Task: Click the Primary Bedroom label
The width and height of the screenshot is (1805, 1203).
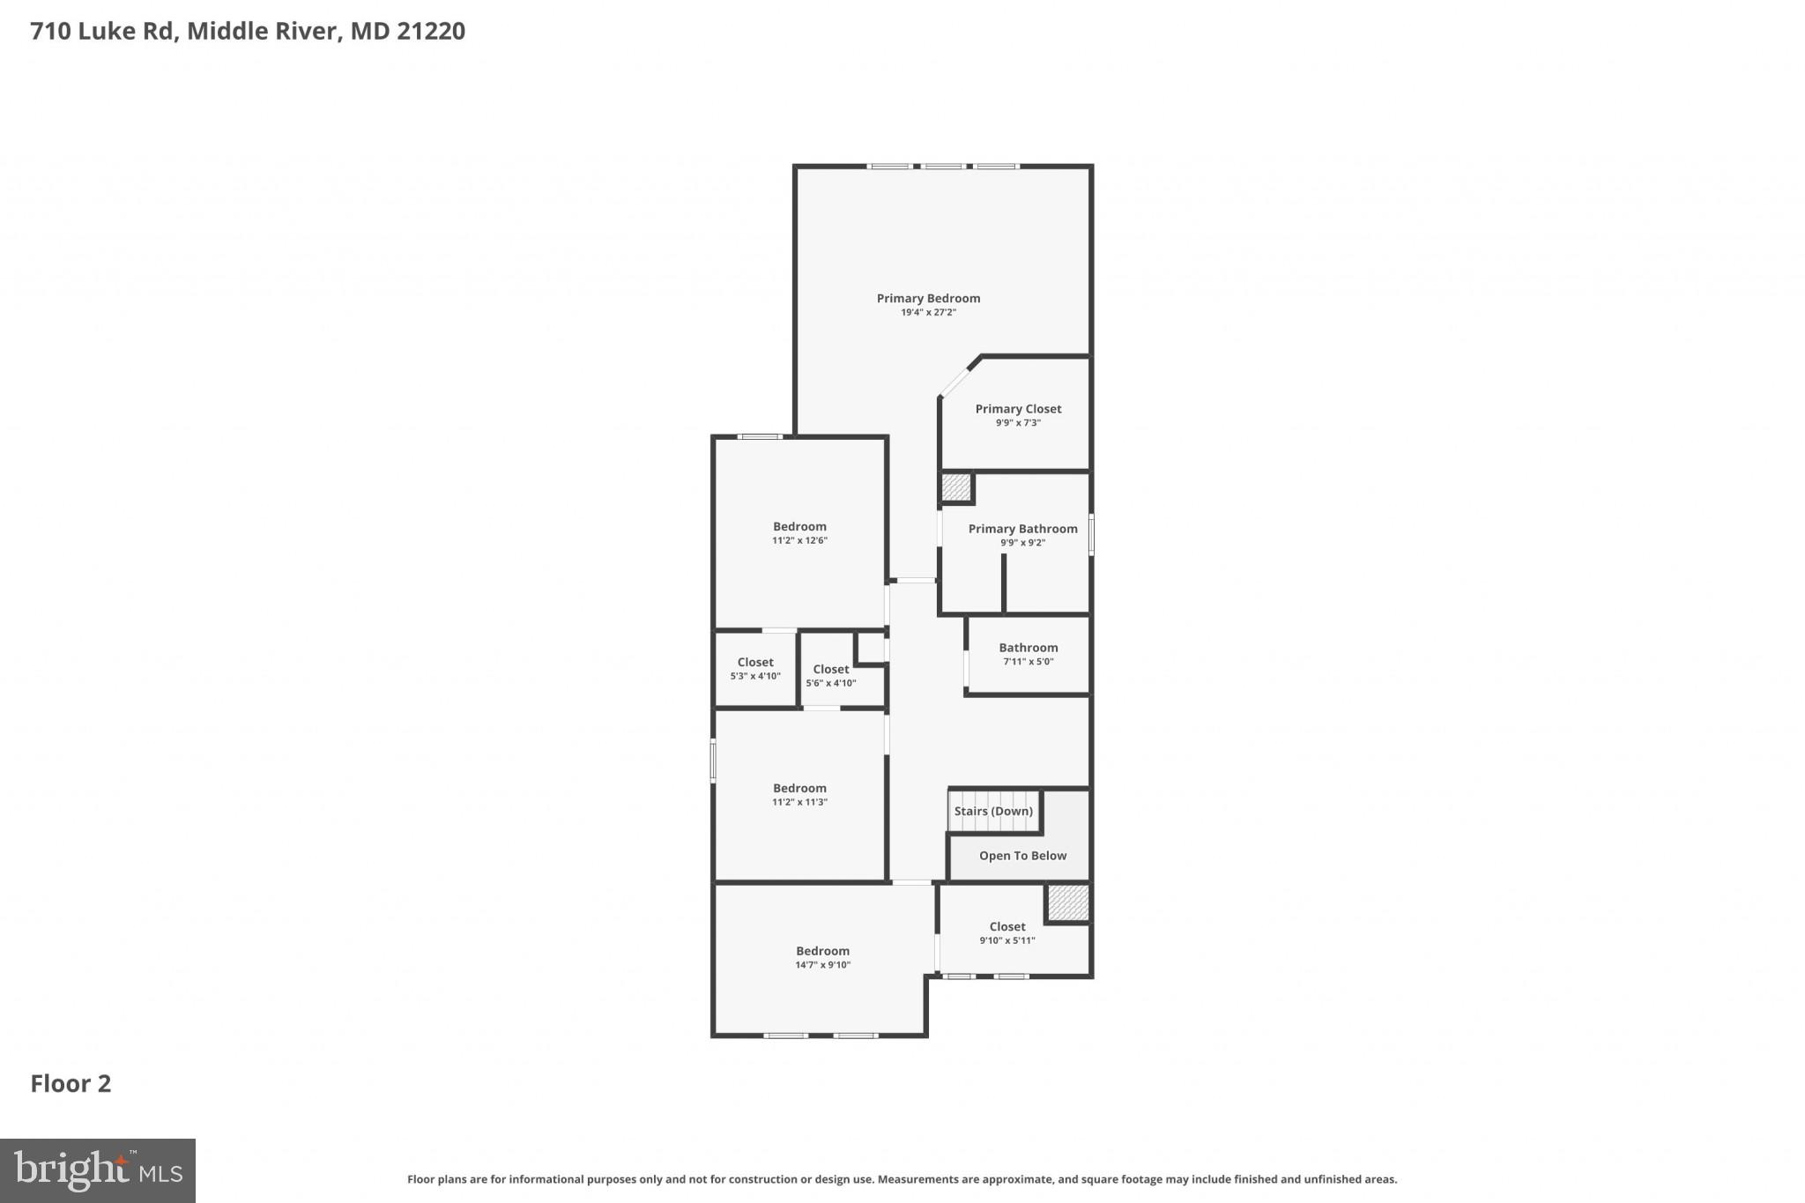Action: (x=928, y=299)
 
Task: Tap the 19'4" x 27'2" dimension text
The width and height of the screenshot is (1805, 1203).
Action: (x=928, y=313)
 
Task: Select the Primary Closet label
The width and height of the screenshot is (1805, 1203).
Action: (x=1018, y=409)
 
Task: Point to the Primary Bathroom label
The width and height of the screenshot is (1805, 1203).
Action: (x=1022, y=529)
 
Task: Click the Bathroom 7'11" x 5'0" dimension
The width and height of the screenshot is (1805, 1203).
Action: (x=1028, y=662)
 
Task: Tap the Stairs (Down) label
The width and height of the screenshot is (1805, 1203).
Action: (x=993, y=812)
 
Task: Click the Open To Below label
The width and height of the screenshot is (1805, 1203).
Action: (x=1022, y=856)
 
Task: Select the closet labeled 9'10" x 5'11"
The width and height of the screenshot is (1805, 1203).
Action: (x=1006, y=933)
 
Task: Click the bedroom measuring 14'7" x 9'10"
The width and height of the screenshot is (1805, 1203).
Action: (x=822, y=957)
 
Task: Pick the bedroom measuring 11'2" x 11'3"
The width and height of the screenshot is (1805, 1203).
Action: (x=799, y=795)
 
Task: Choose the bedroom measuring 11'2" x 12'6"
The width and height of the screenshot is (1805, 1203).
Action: (x=799, y=533)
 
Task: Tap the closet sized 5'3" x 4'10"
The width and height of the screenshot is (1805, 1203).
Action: (x=755, y=669)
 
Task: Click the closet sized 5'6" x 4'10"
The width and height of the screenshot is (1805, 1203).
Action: (x=830, y=676)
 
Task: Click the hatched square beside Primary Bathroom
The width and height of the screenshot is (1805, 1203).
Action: (x=956, y=488)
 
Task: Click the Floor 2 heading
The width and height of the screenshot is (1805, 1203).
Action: (x=71, y=1084)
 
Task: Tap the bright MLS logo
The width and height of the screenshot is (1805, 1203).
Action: (x=98, y=1170)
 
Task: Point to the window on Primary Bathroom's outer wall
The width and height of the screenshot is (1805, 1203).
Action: (x=1091, y=535)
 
